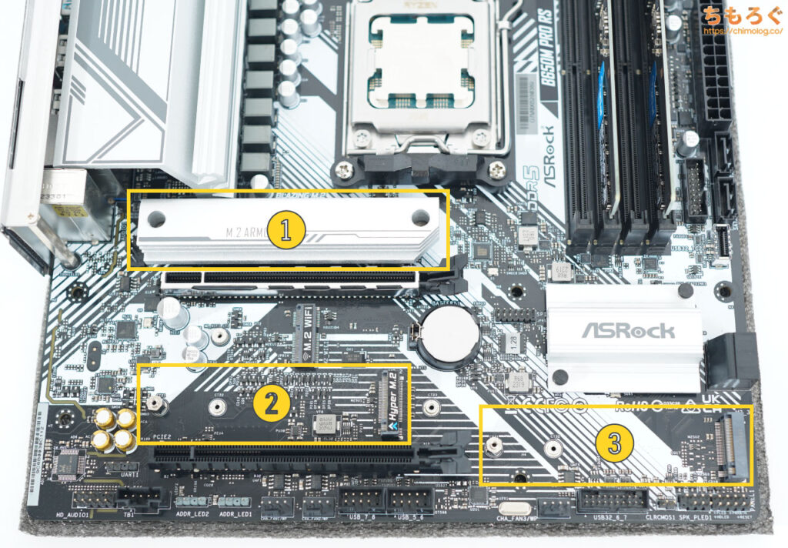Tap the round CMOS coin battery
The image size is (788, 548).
[x=454, y=336]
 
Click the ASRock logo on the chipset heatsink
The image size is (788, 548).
[x=627, y=331]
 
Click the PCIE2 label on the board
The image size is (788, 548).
[x=165, y=436]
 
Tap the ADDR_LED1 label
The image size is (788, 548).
[x=235, y=513]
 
